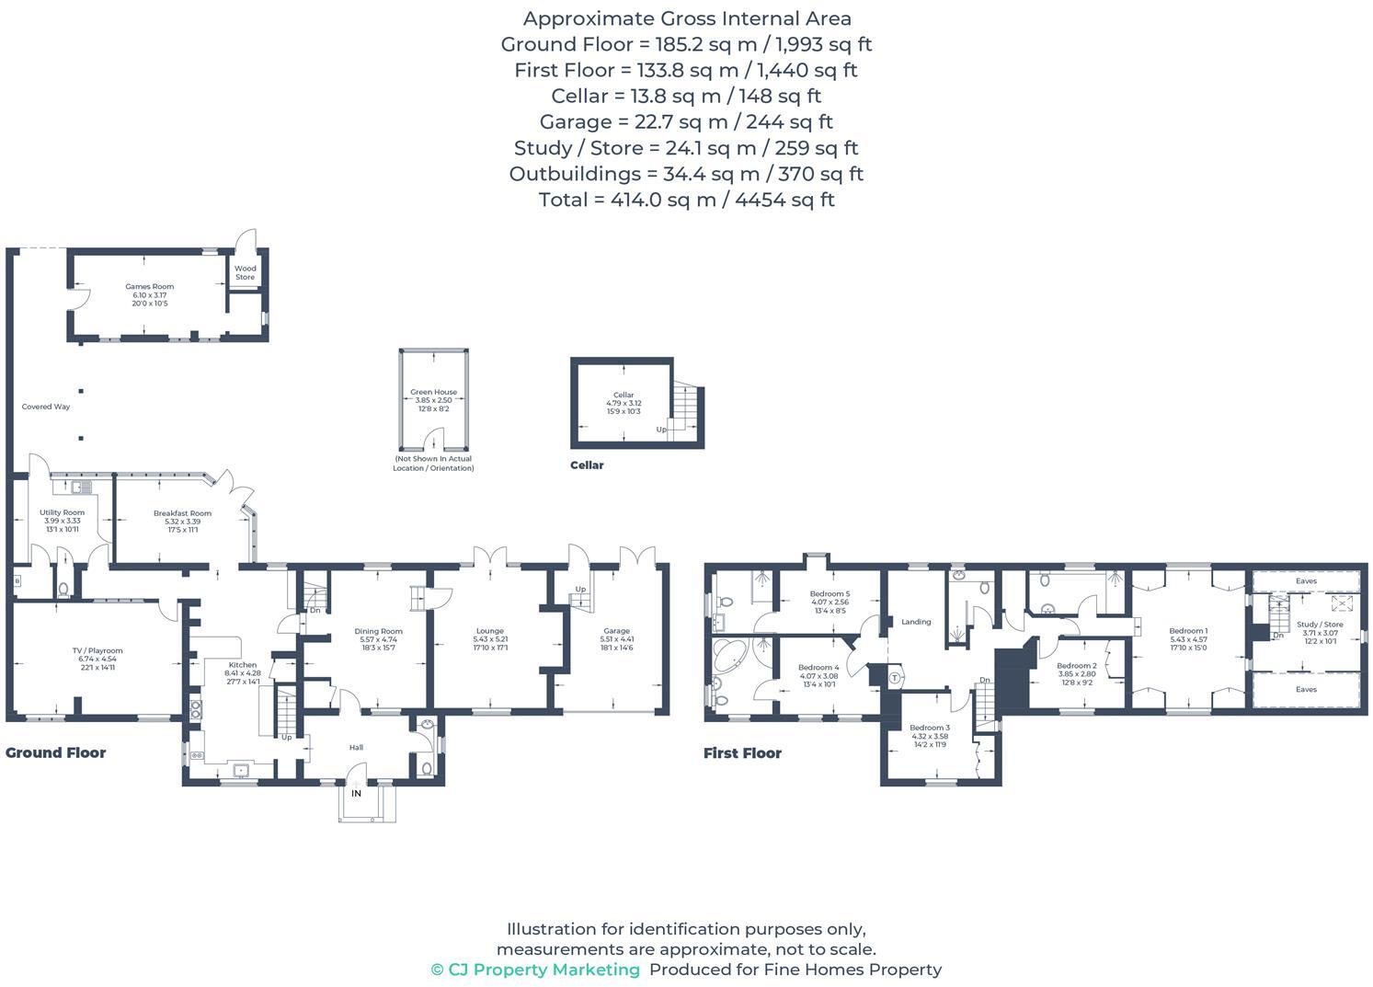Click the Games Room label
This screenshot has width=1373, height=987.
150,287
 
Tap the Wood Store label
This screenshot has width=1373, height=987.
245,272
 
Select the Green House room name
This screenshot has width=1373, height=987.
433,392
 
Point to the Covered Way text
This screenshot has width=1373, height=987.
46,407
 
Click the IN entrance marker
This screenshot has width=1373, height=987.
356,793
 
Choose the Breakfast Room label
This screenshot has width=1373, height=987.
182,513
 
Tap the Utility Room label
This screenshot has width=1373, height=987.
62,512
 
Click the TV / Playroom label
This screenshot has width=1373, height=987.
97,650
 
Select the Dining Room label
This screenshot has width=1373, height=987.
378,631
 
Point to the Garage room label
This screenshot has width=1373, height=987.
616,631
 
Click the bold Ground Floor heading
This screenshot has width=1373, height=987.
56,752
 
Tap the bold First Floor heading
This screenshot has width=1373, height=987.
742,752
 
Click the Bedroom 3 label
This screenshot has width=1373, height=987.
929,728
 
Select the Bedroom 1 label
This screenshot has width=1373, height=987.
1188,631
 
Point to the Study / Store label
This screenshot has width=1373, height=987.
1320,625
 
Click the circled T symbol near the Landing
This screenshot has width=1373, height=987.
895,678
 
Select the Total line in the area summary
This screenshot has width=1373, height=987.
686,200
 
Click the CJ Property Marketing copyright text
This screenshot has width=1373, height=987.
535,970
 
